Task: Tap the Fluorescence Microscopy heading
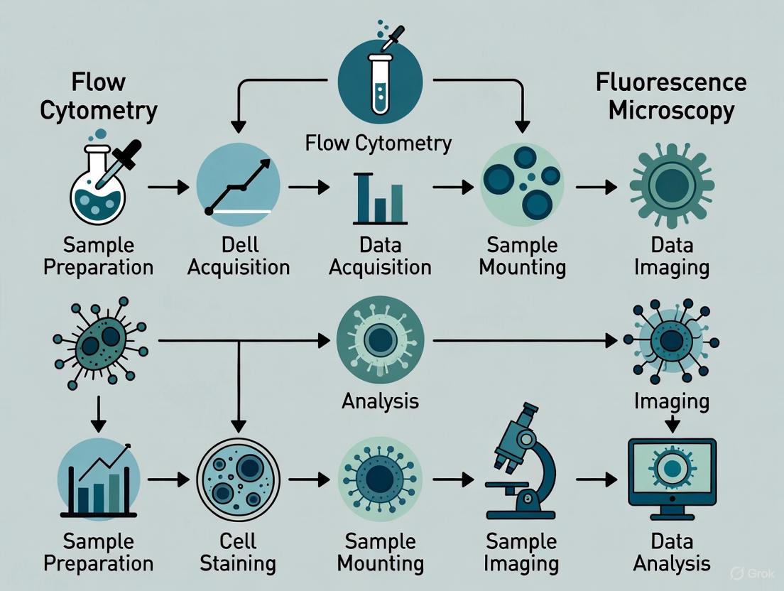pos(671,96)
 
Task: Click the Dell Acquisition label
pos(239,256)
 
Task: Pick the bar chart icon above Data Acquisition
pos(379,198)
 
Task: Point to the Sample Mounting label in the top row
pos(522,256)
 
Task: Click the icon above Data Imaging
pos(671,185)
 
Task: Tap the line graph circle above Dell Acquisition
pos(238,186)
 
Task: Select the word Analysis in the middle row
pos(380,401)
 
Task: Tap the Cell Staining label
pos(238,553)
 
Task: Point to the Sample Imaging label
pos(522,553)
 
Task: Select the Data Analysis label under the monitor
pos(672,553)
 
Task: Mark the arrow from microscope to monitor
pos(597,481)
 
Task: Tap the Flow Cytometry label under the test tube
pos(378,143)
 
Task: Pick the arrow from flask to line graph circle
pos(168,188)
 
